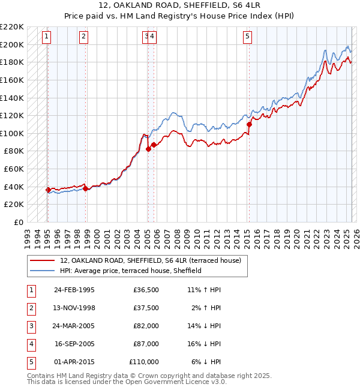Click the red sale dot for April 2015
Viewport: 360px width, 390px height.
click(248, 125)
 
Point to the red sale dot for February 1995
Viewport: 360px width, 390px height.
click(48, 190)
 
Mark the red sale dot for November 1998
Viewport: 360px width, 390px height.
click(86, 189)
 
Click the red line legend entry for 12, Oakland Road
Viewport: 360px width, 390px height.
click(150, 260)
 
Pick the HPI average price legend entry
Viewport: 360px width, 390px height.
click(130, 271)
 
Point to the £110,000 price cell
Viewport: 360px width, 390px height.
click(144, 362)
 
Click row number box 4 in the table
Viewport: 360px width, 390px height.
click(31, 344)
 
